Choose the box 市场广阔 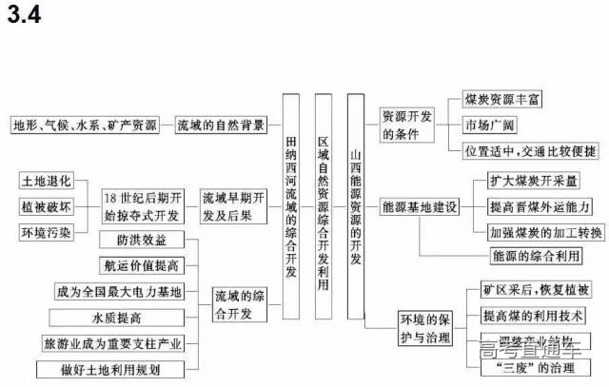pos(491,126)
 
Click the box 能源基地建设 pos(420,206)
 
